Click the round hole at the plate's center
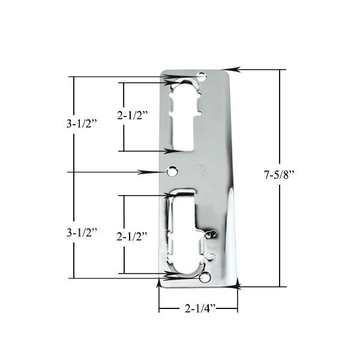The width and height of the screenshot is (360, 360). pyautogui.click(x=173, y=172)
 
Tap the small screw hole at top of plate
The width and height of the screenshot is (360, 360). pyautogui.click(x=202, y=77)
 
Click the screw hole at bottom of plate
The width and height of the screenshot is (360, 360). pyautogui.click(x=205, y=278)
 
